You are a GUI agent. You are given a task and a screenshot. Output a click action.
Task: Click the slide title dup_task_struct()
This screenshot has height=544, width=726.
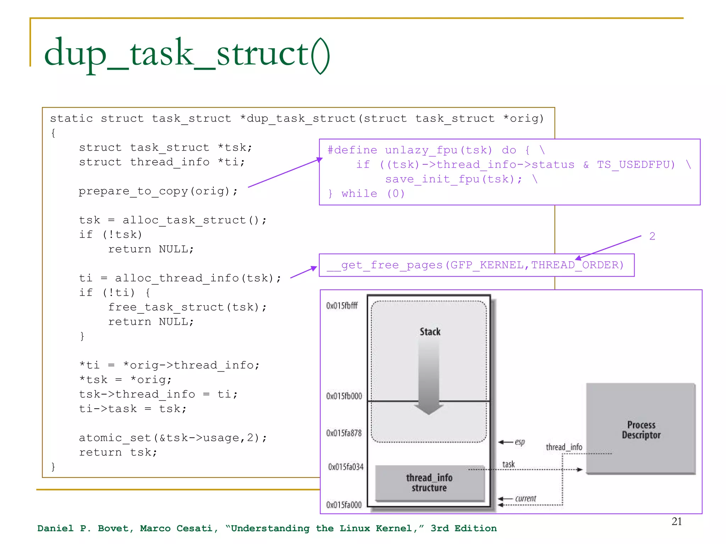(x=187, y=54)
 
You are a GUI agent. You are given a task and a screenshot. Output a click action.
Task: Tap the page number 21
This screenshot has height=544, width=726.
(x=676, y=521)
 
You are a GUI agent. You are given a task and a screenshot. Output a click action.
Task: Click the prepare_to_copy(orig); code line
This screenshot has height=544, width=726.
(x=158, y=191)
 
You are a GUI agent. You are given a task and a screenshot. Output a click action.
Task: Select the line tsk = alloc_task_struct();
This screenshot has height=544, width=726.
(x=173, y=220)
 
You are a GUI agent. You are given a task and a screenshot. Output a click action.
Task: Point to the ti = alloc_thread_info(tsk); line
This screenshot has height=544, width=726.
(x=180, y=278)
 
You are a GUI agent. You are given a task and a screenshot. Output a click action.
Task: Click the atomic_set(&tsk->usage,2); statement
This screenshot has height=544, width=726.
(x=173, y=438)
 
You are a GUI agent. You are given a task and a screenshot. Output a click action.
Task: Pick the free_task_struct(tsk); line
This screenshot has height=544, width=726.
(x=187, y=307)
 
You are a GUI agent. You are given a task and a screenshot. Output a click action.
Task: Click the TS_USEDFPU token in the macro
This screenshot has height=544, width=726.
(x=636, y=165)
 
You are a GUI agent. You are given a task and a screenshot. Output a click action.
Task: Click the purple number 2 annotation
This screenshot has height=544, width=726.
(x=652, y=236)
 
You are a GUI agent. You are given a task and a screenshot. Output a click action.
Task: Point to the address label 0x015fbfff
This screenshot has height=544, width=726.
(x=342, y=306)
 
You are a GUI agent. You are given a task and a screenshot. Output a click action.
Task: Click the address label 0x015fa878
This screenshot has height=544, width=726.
(x=344, y=433)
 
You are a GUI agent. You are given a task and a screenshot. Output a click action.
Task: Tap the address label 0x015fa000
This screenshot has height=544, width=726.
(x=344, y=505)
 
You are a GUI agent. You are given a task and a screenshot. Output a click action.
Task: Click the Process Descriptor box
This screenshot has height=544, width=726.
(x=641, y=429)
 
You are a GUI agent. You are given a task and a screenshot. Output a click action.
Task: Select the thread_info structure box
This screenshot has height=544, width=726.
(x=429, y=483)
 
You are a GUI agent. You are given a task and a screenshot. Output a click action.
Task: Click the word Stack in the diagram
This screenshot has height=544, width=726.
(x=430, y=332)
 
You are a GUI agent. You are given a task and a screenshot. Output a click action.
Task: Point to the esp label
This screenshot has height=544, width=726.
(x=520, y=442)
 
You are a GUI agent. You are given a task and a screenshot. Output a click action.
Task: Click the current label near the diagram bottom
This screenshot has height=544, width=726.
(x=525, y=499)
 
